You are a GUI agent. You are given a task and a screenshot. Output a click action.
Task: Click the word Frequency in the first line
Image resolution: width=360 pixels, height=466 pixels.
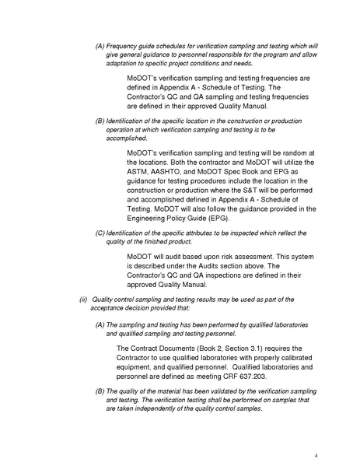click(x=124, y=47)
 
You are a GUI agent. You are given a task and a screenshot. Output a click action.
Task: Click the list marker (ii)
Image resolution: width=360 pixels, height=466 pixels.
click(x=84, y=300)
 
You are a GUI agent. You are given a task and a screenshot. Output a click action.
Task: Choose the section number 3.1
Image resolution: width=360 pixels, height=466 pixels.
click(x=257, y=348)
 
